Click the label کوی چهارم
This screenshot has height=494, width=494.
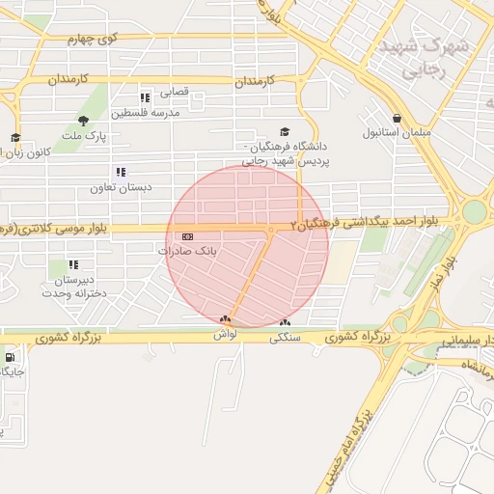click(x=93, y=39)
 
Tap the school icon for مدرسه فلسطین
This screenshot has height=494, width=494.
click(x=145, y=98)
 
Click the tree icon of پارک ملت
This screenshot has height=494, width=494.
click(x=83, y=122)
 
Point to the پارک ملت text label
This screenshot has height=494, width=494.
click(x=83, y=137)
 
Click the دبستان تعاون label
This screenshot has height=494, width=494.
click(x=117, y=187)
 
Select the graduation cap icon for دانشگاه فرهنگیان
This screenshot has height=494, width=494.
click(x=284, y=132)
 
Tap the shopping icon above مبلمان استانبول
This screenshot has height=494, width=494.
click(x=397, y=118)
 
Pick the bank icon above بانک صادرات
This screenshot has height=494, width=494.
click(x=186, y=236)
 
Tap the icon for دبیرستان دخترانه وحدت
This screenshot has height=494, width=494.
click(x=73, y=264)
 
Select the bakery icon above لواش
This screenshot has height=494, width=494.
click(x=226, y=319)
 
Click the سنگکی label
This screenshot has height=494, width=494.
click(x=284, y=338)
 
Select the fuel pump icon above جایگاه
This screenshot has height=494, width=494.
click(x=10, y=357)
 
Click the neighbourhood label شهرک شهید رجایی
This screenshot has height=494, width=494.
click(x=424, y=57)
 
